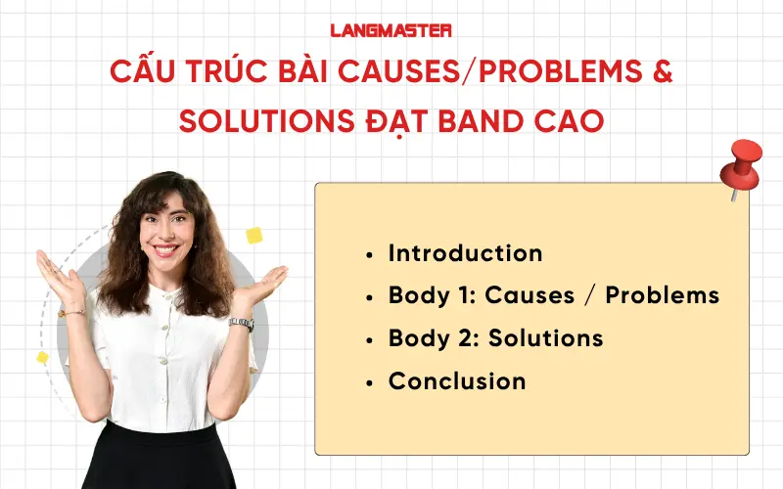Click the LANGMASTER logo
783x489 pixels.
point(391,30)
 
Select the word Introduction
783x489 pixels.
point(465,253)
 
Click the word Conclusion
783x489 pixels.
point(457,381)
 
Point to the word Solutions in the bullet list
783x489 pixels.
point(545,338)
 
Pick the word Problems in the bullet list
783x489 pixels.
point(662,295)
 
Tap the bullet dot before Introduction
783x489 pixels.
point(369,254)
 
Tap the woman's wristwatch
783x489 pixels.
point(240,324)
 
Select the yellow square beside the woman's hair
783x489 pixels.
point(254,235)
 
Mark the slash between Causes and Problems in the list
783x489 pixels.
point(587,295)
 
